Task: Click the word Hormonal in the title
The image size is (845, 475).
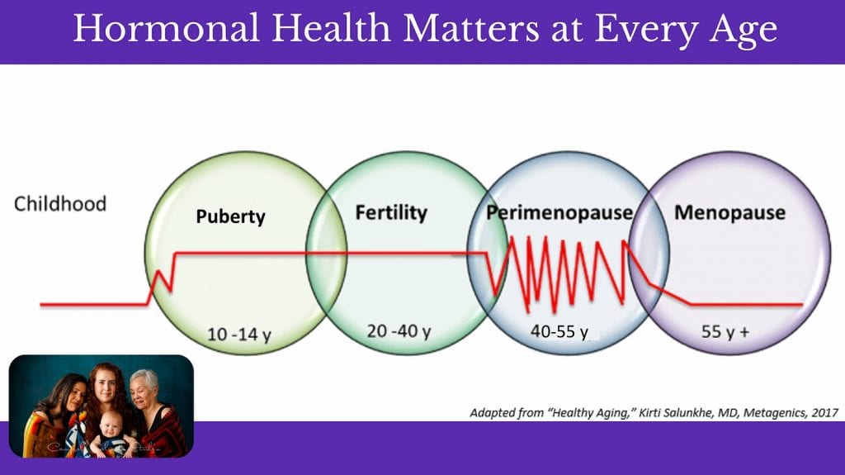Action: pos(166,28)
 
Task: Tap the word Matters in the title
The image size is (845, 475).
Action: pos(470,28)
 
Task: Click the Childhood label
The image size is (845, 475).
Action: pos(60,204)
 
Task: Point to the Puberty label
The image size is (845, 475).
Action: pos(231,217)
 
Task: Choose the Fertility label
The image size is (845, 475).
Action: pos(391,212)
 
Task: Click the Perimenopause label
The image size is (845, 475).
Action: pos(559,212)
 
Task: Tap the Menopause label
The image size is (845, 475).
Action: pos(729,212)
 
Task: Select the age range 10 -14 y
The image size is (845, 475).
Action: pos(239,335)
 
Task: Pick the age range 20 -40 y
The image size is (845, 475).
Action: pos(399,331)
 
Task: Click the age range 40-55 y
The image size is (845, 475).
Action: pos(559,331)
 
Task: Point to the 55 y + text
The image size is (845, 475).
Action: pos(725,331)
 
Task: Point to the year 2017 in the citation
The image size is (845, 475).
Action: pos(825,413)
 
